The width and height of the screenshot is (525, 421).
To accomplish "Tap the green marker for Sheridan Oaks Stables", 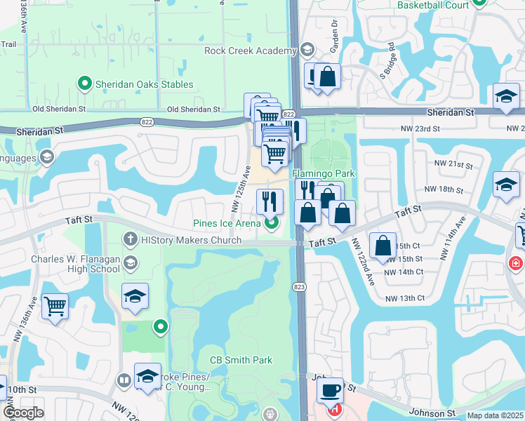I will tap(85, 84).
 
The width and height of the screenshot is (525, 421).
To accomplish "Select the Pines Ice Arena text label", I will tap(227, 224).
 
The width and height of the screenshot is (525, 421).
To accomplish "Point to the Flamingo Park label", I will tap(324, 173).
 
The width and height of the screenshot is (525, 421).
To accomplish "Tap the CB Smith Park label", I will tap(241, 360).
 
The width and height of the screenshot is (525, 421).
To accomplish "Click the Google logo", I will tap(24, 413).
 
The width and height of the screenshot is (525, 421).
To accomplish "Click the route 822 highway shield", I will tap(288, 114).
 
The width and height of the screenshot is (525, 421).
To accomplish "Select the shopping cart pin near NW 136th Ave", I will tap(55, 307).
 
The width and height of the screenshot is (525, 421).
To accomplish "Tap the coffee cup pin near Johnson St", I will tap(329, 390).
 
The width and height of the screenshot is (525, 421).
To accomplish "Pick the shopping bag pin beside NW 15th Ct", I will tap(383, 246).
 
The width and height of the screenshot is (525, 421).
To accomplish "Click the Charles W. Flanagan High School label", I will tap(75, 263).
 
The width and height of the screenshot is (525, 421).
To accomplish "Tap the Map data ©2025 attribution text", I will tap(495, 415).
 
